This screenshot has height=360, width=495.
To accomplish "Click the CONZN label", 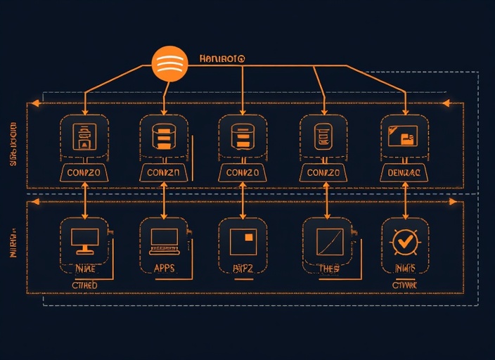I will click(x=164, y=172).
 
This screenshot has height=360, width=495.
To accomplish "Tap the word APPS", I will click(x=164, y=268).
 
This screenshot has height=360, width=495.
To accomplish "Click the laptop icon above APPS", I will click(x=165, y=240).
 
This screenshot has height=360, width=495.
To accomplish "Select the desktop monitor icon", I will click(x=84, y=240).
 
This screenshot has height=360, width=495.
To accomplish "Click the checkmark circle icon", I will click(x=404, y=241).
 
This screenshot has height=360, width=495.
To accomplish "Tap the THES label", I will click(x=328, y=268).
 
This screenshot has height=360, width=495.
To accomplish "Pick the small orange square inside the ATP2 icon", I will click(x=247, y=237).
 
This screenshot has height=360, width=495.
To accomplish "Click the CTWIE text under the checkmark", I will click(x=404, y=285).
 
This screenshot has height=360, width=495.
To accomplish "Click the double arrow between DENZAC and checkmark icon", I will click(x=406, y=200).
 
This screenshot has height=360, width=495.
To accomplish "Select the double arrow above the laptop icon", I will click(x=164, y=200).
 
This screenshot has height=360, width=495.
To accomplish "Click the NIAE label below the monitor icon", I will click(x=84, y=268).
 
